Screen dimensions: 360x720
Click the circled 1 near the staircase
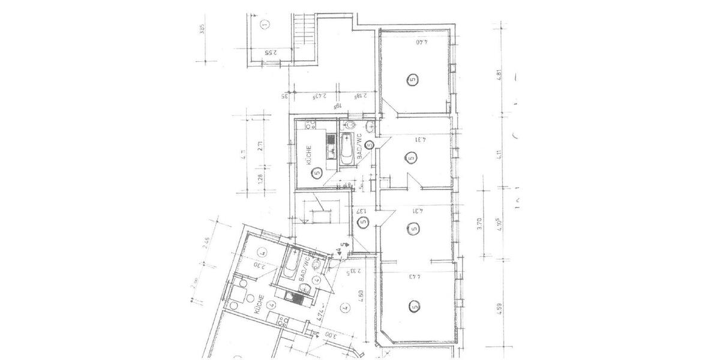[x=265, y=25]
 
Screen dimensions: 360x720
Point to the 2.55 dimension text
[x=271, y=52]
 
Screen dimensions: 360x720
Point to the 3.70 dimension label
[x=479, y=224]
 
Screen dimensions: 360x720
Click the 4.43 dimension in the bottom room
[x=415, y=277]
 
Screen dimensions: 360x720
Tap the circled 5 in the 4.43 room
[x=414, y=307]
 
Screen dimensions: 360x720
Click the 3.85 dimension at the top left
[x=203, y=29]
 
